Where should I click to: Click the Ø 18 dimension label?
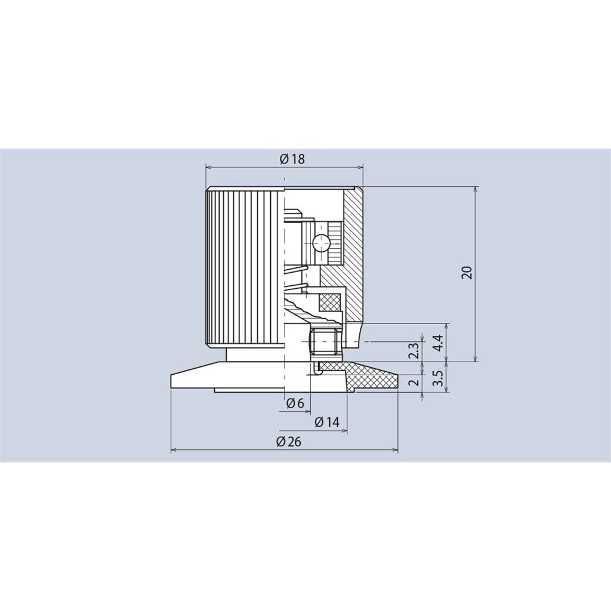[292, 159]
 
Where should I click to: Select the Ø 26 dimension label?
[289, 442]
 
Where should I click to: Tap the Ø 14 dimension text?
[327, 422]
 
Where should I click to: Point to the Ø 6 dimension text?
[295, 403]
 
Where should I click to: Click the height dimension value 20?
[467, 272]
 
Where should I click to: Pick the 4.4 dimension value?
[438, 342]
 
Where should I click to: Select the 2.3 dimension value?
[415, 350]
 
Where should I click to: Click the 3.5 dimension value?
[438, 378]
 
